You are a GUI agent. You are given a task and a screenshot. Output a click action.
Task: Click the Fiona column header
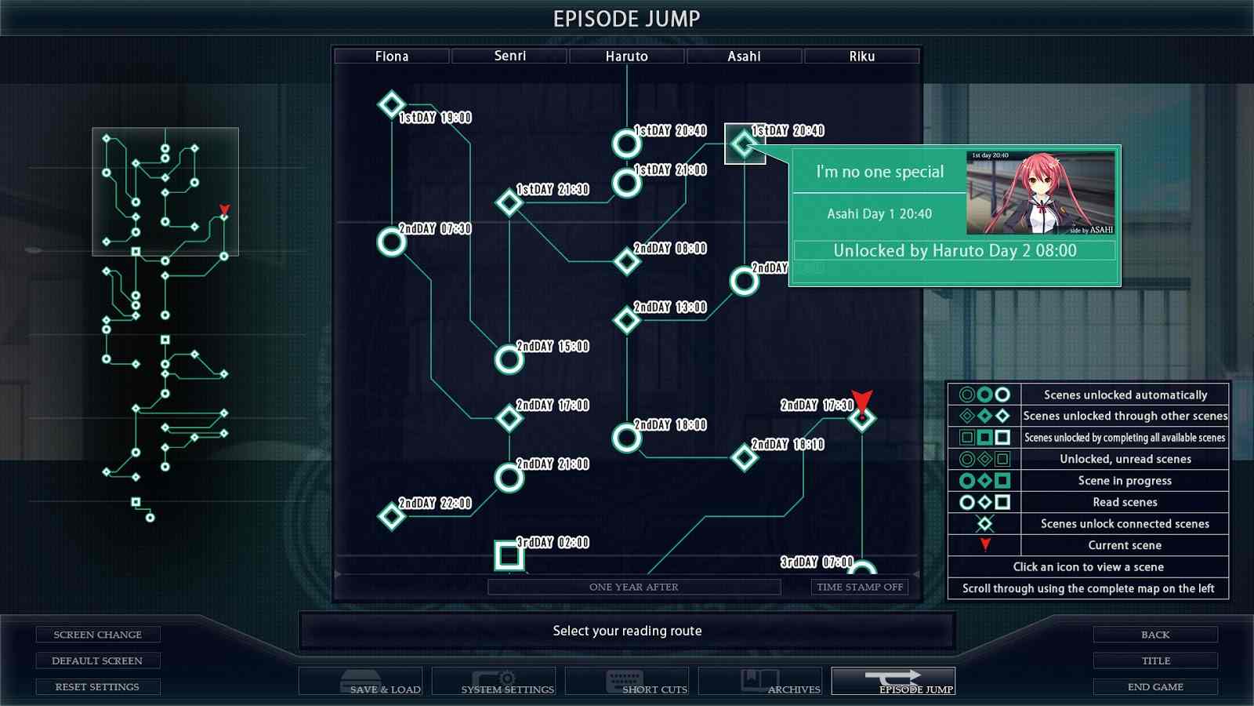click(x=391, y=56)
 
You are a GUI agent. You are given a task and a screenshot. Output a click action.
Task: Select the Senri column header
click(x=509, y=56)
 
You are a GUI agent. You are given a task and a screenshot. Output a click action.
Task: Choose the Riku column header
click(x=861, y=56)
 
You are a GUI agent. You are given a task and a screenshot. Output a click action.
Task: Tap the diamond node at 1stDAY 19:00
click(x=391, y=104)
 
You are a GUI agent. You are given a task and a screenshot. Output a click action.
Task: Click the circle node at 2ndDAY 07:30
click(x=391, y=242)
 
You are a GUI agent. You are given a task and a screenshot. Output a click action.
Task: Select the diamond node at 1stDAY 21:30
click(x=509, y=202)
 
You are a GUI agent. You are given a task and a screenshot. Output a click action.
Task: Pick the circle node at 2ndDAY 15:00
click(x=509, y=359)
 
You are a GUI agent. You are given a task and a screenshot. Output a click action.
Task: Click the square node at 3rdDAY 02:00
click(x=509, y=555)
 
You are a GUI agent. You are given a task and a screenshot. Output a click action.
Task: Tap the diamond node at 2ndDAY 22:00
click(x=391, y=516)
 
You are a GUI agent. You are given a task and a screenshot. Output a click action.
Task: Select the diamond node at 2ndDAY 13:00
click(x=626, y=320)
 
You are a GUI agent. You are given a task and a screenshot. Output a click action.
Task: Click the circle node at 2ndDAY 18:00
click(x=626, y=438)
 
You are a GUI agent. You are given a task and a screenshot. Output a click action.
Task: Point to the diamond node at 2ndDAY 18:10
click(x=744, y=457)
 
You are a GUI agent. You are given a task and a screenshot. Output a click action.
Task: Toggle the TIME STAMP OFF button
click(x=860, y=587)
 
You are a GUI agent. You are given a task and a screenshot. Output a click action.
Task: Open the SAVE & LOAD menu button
click(x=361, y=681)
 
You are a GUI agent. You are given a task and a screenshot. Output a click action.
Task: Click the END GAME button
click(x=1155, y=686)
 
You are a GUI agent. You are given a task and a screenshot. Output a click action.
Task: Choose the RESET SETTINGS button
click(x=97, y=686)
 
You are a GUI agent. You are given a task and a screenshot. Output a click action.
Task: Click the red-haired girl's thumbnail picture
click(x=1040, y=193)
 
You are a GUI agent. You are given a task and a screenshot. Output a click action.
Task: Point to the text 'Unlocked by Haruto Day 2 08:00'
click(x=955, y=250)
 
